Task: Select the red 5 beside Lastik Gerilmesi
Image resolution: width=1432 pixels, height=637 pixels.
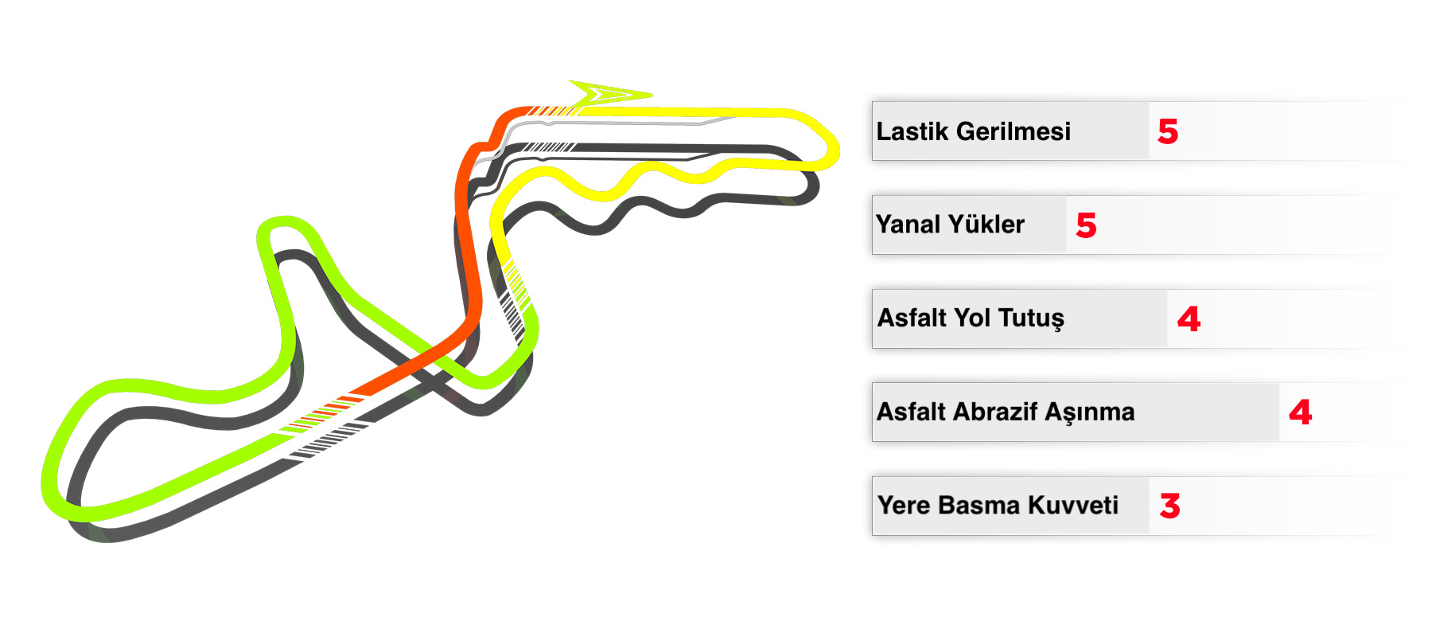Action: coord(1168,131)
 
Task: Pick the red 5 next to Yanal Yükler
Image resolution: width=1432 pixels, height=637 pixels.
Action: coord(1086,225)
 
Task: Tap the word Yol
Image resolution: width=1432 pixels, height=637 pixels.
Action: coord(971,318)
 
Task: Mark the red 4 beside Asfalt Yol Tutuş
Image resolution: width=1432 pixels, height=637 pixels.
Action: coord(1189,319)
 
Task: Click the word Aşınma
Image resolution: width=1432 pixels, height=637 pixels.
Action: coord(1089,412)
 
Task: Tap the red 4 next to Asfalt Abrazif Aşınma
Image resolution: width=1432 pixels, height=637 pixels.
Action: coord(1301,412)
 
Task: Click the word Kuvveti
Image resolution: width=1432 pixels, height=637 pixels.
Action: coord(1073,505)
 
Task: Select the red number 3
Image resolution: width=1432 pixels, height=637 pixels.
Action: coord(1169,506)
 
